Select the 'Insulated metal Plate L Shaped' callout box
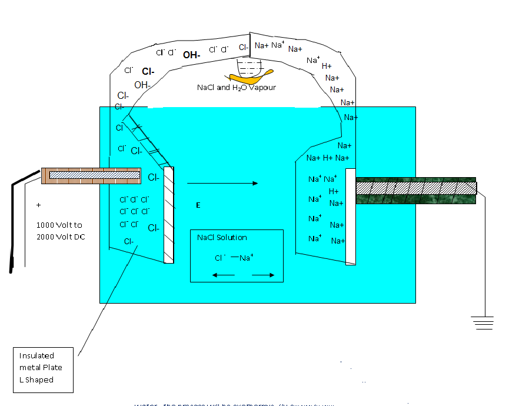(x=44, y=370)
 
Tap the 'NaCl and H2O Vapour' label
(x=236, y=87)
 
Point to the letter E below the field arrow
(x=198, y=205)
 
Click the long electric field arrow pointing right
(x=222, y=184)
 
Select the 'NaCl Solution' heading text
(x=222, y=238)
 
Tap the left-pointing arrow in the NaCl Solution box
(x=224, y=275)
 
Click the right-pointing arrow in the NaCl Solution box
(x=263, y=275)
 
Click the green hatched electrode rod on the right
(x=416, y=191)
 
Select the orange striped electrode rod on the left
(x=91, y=175)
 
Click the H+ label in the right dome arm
(x=327, y=66)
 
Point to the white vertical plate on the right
(x=350, y=217)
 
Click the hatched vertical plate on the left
(x=169, y=215)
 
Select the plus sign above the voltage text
(x=39, y=205)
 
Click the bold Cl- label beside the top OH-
(x=148, y=72)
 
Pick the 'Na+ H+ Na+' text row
(x=328, y=158)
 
